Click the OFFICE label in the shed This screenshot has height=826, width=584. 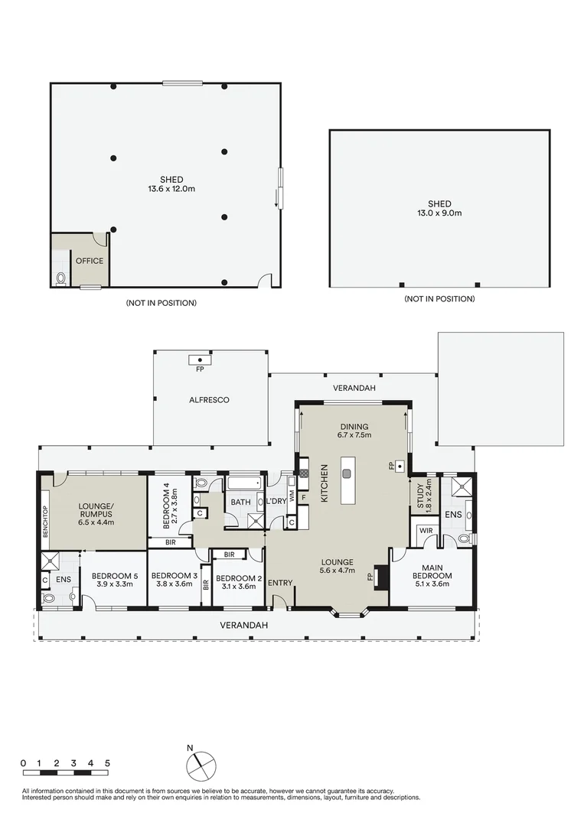pyautogui.click(x=89, y=261)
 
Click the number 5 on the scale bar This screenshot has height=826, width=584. pyautogui.click(x=108, y=763)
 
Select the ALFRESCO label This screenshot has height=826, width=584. pyautogui.click(x=209, y=400)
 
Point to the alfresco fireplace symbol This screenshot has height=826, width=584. pyautogui.click(x=200, y=359)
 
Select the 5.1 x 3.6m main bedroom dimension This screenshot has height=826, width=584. pyautogui.click(x=432, y=584)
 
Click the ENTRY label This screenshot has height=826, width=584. pyautogui.click(x=280, y=583)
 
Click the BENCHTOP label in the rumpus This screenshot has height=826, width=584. pyautogui.click(x=46, y=522)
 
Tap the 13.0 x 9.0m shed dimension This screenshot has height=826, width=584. pyautogui.click(x=439, y=214)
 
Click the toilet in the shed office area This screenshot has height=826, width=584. pyautogui.click(x=61, y=277)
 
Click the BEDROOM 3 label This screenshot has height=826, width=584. pyautogui.click(x=173, y=576)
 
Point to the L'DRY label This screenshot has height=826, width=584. pyautogui.click(x=276, y=502)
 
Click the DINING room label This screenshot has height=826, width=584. pyautogui.click(x=354, y=427)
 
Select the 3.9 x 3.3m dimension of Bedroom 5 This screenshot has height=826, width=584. pyautogui.click(x=113, y=584)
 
